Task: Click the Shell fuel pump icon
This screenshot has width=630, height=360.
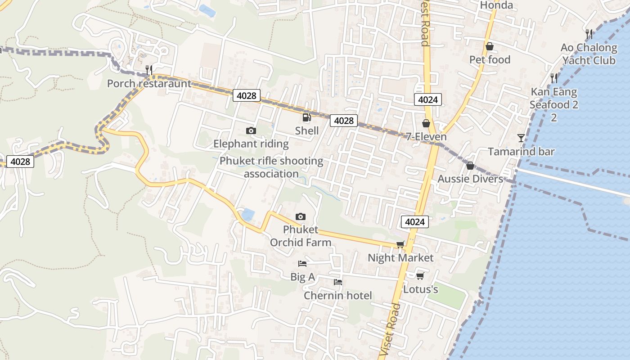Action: click(x=306, y=118)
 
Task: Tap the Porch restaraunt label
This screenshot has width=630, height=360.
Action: click(x=149, y=84)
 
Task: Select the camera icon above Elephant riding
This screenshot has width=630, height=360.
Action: click(x=251, y=131)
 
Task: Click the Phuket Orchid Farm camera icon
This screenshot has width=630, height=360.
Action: click(x=300, y=217)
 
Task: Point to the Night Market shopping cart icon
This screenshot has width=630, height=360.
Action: click(x=400, y=244)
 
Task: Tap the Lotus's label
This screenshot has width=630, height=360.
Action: click(x=420, y=289)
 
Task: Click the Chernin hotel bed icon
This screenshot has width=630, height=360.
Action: click(x=338, y=282)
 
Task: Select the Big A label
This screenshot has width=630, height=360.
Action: click(x=302, y=277)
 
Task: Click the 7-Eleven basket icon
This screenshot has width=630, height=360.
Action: click(x=426, y=123)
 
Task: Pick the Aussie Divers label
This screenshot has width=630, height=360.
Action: click(x=470, y=179)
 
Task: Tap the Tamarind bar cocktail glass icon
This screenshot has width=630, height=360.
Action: click(x=521, y=138)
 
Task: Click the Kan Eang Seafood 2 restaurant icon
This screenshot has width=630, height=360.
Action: click(x=554, y=78)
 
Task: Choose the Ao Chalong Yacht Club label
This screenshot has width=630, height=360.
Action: click(x=589, y=54)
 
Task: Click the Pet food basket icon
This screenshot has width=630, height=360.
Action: click(x=490, y=46)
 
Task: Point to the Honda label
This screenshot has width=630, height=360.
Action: click(x=496, y=5)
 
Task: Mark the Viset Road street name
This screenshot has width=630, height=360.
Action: click(x=390, y=331)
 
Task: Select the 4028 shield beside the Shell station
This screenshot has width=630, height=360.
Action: click(x=344, y=121)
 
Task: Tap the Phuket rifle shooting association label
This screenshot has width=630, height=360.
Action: click(x=271, y=167)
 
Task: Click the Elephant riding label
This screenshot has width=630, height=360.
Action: click(x=251, y=144)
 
